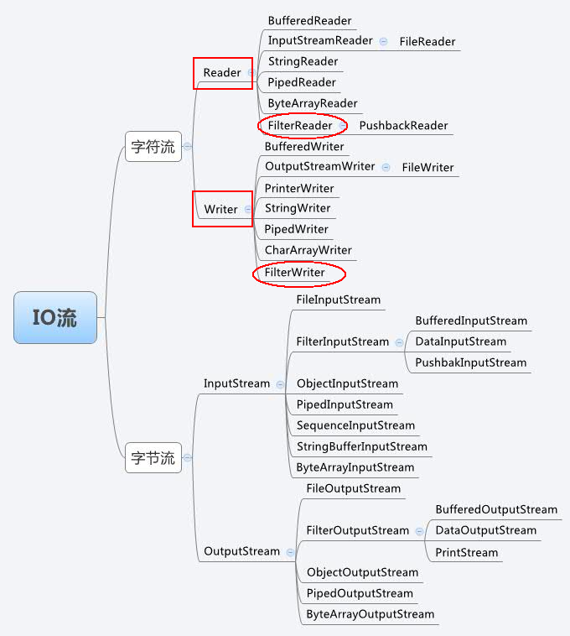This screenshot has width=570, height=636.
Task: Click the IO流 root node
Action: (55, 317)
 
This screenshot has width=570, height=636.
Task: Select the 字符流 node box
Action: (153, 147)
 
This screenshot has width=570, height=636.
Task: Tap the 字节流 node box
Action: (153, 458)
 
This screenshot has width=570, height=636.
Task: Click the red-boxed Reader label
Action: (222, 73)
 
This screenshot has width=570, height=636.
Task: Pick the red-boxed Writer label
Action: (221, 209)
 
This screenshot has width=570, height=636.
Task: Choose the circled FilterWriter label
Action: (294, 273)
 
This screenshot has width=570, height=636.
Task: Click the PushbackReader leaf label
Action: (403, 126)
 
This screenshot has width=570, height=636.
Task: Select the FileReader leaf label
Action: (427, 41)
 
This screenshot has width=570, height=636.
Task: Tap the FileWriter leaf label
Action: (427, 167)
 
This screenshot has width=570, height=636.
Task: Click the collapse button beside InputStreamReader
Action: (384, 41)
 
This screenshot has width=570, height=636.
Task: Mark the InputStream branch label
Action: (236, 383)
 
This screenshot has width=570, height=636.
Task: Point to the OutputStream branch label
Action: (241, 551)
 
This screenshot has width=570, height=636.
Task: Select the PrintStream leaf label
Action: (466, 552)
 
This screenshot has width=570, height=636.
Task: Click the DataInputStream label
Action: (460, 341)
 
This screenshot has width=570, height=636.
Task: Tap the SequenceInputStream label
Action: (355, 425)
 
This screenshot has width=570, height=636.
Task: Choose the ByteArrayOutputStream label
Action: (370, 614)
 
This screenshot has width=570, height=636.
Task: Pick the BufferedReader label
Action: (309, 20)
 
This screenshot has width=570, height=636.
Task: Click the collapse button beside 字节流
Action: (188, 458)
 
